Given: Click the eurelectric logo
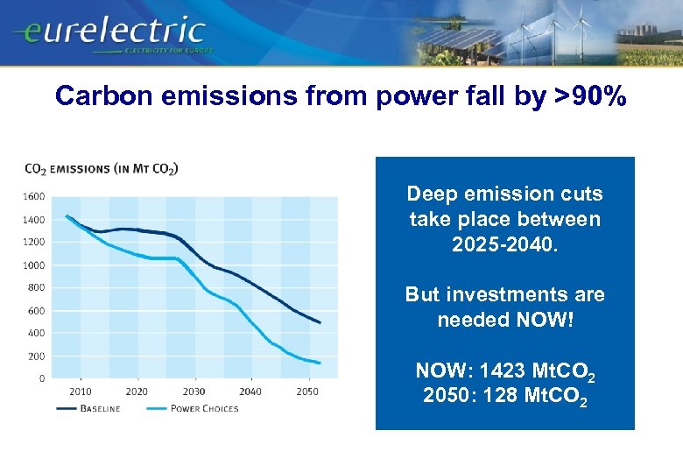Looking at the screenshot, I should coord(109,33).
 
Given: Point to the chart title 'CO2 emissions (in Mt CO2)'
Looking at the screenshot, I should coord(102,168).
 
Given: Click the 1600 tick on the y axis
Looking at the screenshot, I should coord(34,196).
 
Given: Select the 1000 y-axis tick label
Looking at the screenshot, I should coord(34,265).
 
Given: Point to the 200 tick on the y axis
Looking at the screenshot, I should coord(37,356).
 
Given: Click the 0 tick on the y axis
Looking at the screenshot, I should coord(42,378).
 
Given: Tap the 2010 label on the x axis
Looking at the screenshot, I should coord(80,392).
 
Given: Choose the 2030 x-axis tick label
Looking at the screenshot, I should coord(194,392).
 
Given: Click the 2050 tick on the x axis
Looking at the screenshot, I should coord(307,392).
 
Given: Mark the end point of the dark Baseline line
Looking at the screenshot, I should coord(320,323).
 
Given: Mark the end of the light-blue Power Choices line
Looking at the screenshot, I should coord(320,363).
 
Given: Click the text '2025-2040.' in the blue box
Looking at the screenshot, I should coord(504,244).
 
